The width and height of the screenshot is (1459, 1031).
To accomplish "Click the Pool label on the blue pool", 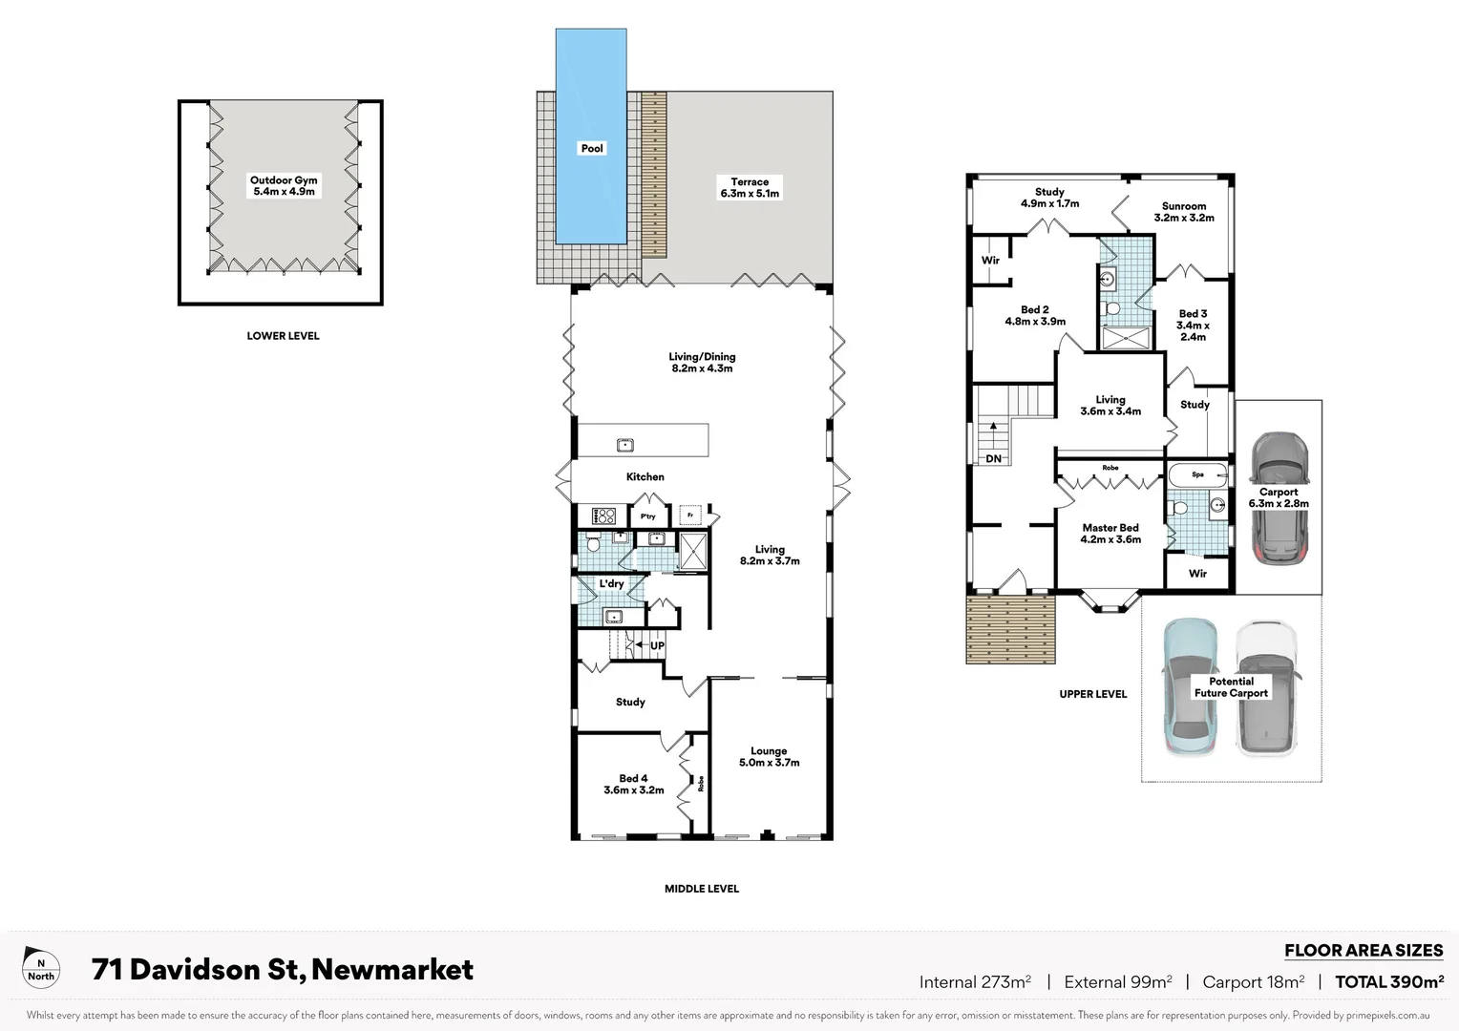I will point(592,148).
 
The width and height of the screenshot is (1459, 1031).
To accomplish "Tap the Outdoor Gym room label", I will point(284,186).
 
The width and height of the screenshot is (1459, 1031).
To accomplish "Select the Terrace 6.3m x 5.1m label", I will point(750,187).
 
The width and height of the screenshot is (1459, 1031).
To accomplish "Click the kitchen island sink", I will point(625,445).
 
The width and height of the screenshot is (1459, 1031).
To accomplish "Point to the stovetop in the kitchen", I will point(604,516).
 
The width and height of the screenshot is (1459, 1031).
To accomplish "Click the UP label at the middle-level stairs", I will point(657,646).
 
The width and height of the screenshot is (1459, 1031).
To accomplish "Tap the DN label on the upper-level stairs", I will point(993,459).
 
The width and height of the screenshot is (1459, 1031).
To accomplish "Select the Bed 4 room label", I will point(633,785).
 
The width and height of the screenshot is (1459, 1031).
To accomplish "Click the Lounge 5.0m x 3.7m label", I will point(769,757).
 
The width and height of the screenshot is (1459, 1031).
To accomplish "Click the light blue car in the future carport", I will point(1188,687).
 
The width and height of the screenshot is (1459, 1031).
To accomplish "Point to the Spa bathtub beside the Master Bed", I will point(1198,474).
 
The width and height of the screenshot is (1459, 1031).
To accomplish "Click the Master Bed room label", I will point(1110,534).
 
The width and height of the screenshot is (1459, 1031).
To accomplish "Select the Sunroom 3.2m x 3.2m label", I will point(1184,212).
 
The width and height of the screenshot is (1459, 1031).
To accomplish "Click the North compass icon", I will point(41,969).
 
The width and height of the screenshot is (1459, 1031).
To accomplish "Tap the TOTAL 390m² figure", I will point(1388,982).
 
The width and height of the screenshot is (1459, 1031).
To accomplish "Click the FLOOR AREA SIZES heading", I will point(1363,951).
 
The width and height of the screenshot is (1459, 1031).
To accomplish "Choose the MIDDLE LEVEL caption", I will point(702,889).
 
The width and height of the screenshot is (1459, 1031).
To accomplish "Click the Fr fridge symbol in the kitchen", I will point(690,515).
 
